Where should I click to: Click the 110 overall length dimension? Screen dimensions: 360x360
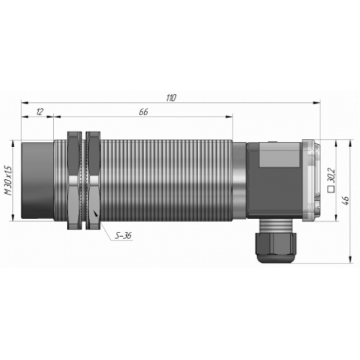171,98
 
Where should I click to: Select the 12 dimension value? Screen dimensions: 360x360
40,112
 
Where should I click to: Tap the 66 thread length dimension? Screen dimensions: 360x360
143,112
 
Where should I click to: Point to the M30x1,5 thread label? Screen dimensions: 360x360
9,181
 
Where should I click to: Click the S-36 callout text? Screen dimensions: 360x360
123,235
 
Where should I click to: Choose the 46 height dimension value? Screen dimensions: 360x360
346,201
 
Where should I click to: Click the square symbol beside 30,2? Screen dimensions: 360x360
331,189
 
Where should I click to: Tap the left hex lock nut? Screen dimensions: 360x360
75,180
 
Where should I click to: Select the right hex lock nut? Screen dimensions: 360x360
93,180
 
